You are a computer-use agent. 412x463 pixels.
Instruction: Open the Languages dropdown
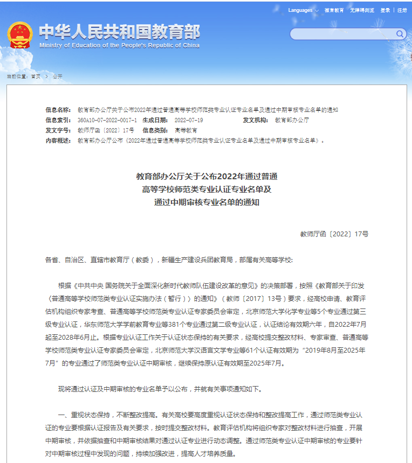pyautogui.click(x=303, y=10)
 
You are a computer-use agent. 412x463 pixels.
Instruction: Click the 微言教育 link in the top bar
pyautogui.click(x=334, y=10)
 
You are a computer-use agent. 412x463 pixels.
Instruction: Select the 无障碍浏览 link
pyautogui.click(x=362, y=10)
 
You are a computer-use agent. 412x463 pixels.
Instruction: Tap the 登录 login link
pyautogui.click(x=385, y=10)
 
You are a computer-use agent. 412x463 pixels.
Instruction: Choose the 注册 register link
pyautogui.click(x=402, y=10)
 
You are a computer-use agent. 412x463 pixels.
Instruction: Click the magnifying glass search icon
pyautogui.click(x=400, y=34)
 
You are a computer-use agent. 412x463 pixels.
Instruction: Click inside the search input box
pyautogui.click(x=342, y=34)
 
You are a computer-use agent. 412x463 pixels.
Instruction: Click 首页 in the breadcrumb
pyautogui.click(x=36, y=76)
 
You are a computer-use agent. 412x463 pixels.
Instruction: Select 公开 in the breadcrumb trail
pyautogui.click(x=58, y=76)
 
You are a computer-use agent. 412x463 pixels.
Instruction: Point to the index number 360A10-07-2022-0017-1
pyautogui.click(x=107, y=120)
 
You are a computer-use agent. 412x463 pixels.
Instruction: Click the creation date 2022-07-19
pyautogui.click(x=189, y=120)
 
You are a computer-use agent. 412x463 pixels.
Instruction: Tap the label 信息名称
pyautogui.click(x=58, y=110)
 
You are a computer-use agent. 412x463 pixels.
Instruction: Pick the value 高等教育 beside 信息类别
pyautogui.click(x=186, y=130)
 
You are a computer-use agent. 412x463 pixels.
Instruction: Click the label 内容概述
pyautogui.click(x=58, y=141)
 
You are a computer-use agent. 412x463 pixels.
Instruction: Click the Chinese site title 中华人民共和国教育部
pyautogui.click(x=119, y=32)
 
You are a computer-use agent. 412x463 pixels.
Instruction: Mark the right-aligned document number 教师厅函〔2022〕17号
pyautogui.click(x=334, y=234)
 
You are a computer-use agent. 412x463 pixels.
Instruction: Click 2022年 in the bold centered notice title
pyautogui.click(x=229, y=176)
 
